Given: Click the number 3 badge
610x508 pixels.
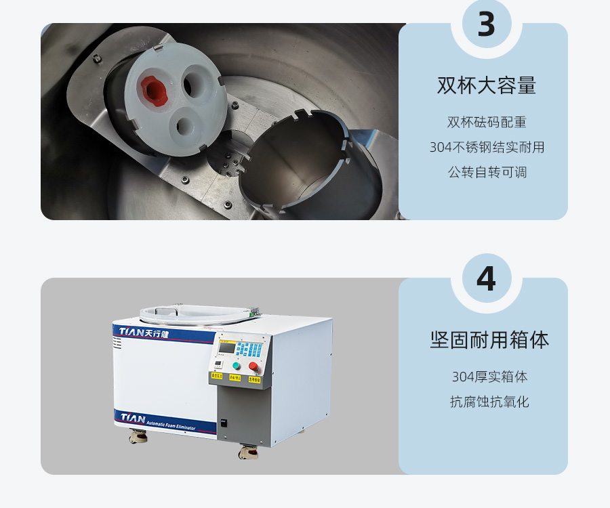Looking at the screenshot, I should (x=486, y=24).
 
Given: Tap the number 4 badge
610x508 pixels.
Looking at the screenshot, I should (x=486, y=279).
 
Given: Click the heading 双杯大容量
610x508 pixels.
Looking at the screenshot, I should (x=486, y=86).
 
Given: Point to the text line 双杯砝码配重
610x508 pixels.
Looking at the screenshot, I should (x=487, y=123).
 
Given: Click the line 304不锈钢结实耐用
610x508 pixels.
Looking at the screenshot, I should (x=487, y=147).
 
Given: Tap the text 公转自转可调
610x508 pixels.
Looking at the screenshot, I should (x=487, y=172).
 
